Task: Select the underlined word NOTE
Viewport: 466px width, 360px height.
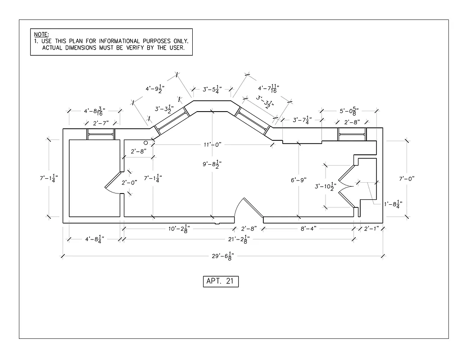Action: click(41, 34)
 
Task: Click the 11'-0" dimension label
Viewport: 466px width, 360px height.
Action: click(212, 144)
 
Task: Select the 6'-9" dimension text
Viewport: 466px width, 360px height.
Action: click(299, 180)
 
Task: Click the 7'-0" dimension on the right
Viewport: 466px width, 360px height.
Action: click(406, 179)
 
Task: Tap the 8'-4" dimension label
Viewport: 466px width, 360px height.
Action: click(308, 228)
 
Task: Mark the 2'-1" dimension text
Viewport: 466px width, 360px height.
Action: click(371, 228)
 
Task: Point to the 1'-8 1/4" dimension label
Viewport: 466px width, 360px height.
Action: click(393, 204)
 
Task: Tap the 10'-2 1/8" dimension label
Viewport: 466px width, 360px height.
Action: click(179, 228)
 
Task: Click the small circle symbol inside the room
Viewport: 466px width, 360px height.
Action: click(146, 142)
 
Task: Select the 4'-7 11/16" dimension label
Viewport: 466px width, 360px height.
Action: click(269, 89)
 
